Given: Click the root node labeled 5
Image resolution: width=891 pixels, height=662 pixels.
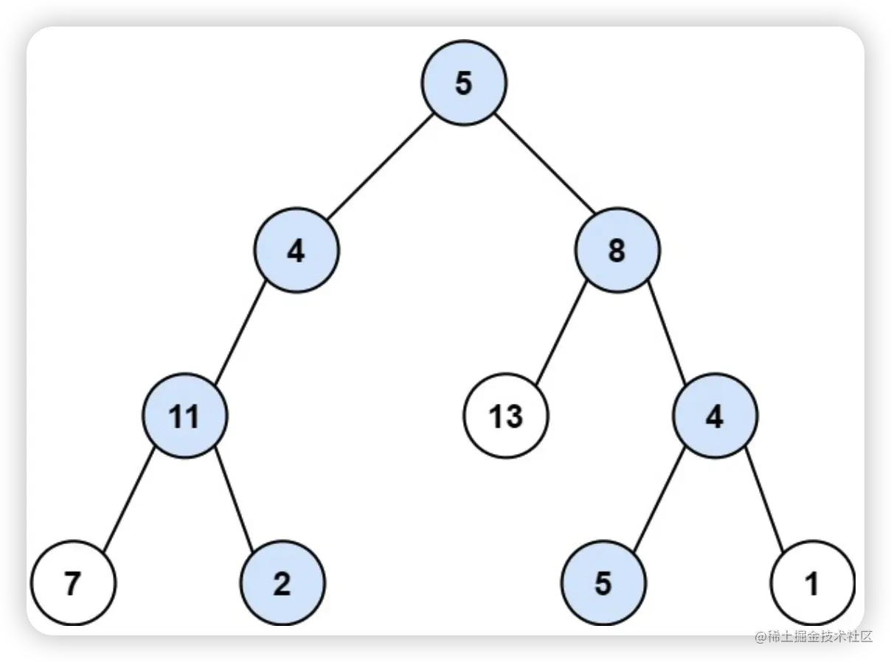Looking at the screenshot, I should point(464,83).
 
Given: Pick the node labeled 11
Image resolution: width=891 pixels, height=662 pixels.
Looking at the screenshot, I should point(185,417).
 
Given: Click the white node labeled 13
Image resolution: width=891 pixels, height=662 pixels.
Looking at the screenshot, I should point(506,417).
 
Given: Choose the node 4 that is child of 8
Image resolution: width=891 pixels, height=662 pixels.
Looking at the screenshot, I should point(714,417).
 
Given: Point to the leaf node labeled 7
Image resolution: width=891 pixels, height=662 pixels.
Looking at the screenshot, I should point(73,583).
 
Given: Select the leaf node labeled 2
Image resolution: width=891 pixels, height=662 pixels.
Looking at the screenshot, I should point(282,583).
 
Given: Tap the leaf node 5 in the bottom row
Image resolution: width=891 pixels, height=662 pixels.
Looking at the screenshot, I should point(603,583).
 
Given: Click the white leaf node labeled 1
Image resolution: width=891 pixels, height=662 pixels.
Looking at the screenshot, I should point(812,583).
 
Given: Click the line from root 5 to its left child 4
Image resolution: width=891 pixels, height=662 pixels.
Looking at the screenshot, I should point(379,167).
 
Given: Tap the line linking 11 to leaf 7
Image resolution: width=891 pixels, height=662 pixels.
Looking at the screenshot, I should point(128,500).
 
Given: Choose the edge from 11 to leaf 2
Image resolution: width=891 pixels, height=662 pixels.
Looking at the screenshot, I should point(235,500).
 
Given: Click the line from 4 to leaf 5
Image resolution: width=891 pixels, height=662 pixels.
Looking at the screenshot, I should point(659,500).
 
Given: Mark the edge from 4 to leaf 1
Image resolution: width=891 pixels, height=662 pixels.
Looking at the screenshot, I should point(763,500).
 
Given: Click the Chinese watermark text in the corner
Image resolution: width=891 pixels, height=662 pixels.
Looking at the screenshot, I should point(813,635).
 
